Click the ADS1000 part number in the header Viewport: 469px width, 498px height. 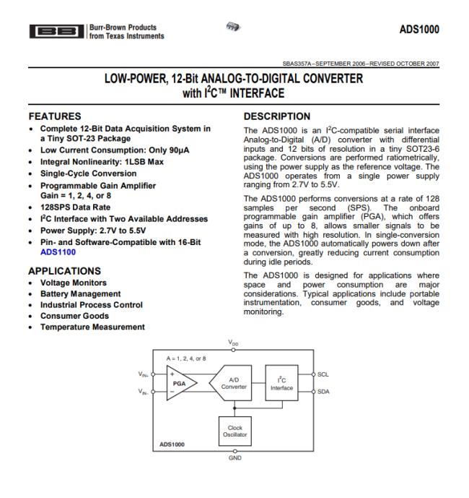pyautogui.click(x=418, y=30)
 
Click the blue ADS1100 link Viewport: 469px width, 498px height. pyautogui.click(x=57, y=253)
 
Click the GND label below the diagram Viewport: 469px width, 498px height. pyautogui.click(x=234, y=458)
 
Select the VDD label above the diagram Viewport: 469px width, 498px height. pyautogui.click(x=234, y=343)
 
